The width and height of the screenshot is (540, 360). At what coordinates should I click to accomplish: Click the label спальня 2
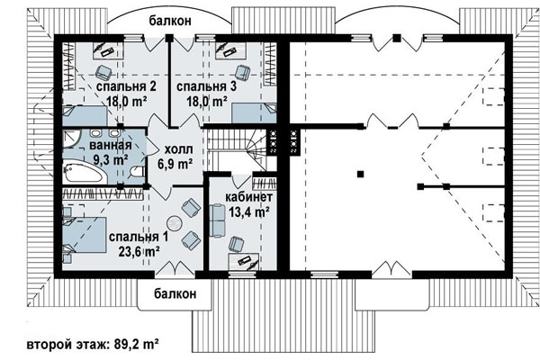pos(126,85)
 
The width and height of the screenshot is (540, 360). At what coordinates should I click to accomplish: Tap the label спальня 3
pos(207,85)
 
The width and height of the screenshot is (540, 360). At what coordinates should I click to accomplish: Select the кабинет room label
pos(249,197)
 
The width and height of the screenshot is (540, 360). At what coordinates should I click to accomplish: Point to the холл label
pos(178,149)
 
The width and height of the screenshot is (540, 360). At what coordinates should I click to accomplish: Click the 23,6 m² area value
pos(139,252)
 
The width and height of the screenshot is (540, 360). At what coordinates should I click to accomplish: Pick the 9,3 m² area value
pos(111,159)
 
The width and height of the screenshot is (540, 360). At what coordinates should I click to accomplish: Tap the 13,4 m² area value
pos(249,211)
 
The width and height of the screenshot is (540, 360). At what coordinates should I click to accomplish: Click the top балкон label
pos(170,21)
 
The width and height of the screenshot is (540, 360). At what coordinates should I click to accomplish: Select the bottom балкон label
pos(175,293)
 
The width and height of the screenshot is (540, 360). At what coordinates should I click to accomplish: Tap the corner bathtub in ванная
pos(84,171)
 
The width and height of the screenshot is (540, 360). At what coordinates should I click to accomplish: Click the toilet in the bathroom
pos(138,172)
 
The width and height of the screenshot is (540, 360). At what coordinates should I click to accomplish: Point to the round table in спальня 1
pos(174,223)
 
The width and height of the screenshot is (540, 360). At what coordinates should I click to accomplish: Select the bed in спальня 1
pos(85,235)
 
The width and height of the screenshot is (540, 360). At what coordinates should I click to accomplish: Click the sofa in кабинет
pos(217,220)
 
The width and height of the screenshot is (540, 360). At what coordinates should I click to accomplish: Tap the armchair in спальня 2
pos(103,72)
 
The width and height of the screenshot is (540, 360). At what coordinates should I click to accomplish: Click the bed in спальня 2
pos(85,116)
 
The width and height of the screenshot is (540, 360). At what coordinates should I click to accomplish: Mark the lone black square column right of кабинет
pos(360,174)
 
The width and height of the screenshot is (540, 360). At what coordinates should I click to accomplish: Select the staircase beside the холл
pos(238,150)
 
